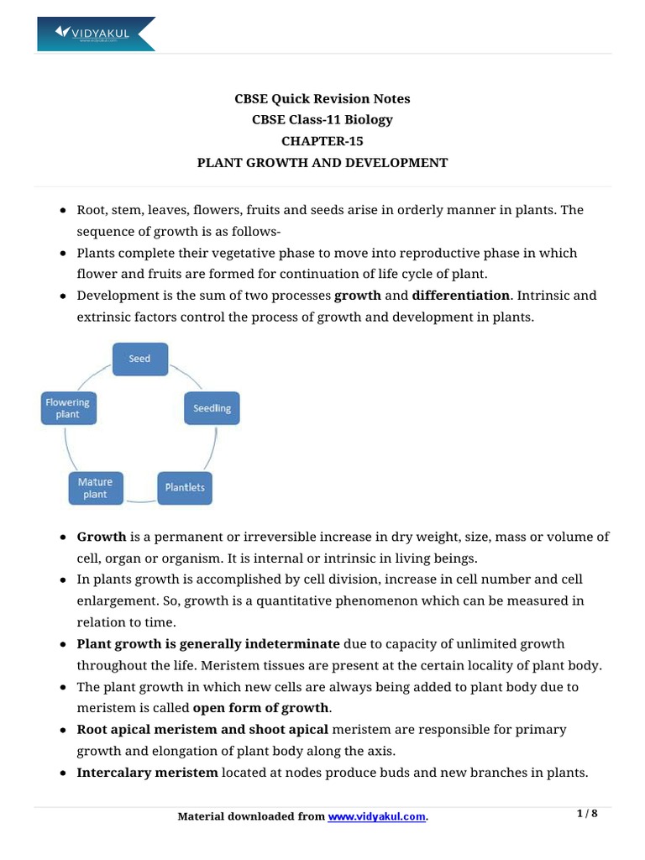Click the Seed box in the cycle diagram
click(x=139, y=359)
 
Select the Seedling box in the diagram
click(x=212, y=408)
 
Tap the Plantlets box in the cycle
click(x=185, y=487)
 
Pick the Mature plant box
click(x=95, y=488)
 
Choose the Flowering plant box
click(x=67, y=408)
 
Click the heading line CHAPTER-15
click(x=322, y=141)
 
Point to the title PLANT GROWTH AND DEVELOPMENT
click(x=322, y=163)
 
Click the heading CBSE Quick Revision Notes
click(x=322, y=99)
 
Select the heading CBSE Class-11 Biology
click(x=322, y=120)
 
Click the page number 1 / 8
click(x=587, y=814)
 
